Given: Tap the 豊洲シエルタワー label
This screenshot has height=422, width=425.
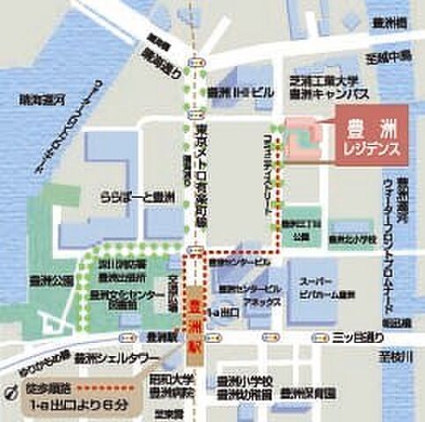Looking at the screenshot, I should [x=115, y=359].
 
